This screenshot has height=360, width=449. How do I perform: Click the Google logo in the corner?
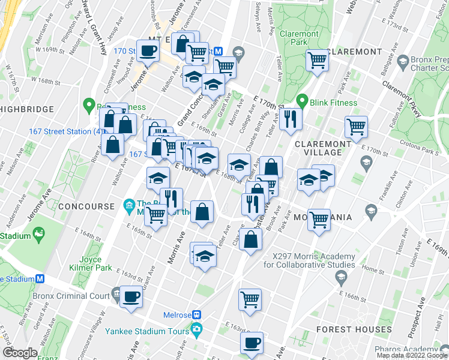[19, 353]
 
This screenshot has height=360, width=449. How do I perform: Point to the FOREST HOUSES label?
[354, 329]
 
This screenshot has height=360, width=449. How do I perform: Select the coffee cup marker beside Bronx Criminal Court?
[131, 296]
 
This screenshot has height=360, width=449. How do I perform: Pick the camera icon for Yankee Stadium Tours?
[196, 329]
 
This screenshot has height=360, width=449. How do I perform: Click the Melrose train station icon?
[196, 315]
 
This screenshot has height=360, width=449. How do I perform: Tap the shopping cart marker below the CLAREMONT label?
[316, 59]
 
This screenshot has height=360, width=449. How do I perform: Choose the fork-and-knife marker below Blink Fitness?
[291, 118]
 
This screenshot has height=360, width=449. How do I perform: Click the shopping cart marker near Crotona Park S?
[356, 127]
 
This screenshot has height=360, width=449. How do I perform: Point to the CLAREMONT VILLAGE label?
[322, 149]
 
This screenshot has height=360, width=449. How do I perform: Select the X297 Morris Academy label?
[306, 259]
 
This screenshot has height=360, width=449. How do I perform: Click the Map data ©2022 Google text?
[411, 355]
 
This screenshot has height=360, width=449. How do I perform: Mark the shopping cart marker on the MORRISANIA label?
[319, 219]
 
